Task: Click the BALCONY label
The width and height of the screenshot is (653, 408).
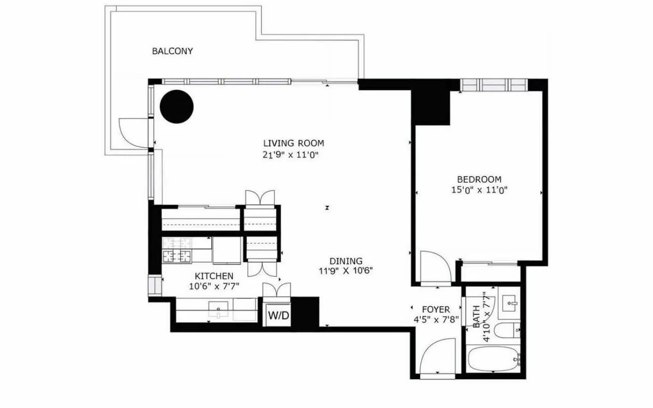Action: pyautogui.click(x=173, y=51)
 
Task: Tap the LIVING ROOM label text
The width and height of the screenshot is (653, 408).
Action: pyautogui.click(x=293, y=143)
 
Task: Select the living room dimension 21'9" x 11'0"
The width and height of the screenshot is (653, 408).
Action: pyautogui.click(x=293, y=155)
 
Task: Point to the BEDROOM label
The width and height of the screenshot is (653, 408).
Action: pyautogui.click(x=479, y=179)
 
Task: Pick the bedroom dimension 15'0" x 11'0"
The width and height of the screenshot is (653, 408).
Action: pyautogui.click(x=479, y=190)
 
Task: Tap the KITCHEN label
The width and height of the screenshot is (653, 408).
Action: pyautogui.click(x=214, y=276)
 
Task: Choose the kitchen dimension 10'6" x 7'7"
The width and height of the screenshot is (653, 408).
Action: pyautogui.click(x=214, y=287)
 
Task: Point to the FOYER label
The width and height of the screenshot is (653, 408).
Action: pyautogui.click(x=436, y=309)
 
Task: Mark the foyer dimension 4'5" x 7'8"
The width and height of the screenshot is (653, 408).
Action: pyautogui.click(x=436, y=320)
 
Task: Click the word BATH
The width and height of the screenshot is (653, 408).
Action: pyautogui.click(x=477, y=317)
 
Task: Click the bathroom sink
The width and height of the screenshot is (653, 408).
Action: pyautogui.click(x=508, y=303)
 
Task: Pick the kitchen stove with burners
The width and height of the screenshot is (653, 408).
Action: pyautogui.click(x=177, y=250)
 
